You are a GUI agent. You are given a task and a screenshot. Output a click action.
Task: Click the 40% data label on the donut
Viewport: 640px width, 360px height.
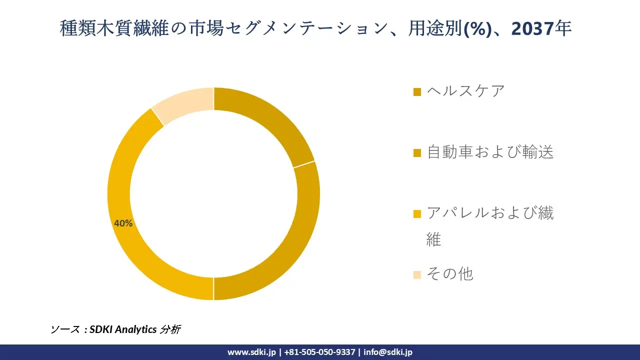pyautogui.click(x=123, y=223)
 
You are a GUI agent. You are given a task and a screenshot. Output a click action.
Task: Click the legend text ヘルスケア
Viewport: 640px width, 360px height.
pyautogui.click(x=465, y=91)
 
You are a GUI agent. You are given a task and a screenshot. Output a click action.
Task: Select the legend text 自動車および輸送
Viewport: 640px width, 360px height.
pyautogui.click(x=490, y=152)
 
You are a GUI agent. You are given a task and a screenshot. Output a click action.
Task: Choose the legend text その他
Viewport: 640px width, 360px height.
pyautogui.click(x=449, y=274)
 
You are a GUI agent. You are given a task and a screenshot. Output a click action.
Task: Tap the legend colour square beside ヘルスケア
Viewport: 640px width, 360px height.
pyautogui.click(x=417, y=92)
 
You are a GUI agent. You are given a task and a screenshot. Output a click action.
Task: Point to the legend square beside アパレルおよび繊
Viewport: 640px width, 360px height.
pyautogui.click(x=417, y=214)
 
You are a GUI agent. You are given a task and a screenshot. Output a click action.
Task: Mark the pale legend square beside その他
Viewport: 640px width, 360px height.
pyautogui.click(x=417, y=274)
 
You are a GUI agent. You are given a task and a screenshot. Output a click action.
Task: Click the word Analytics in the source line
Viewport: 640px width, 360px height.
pyautogui.click(x=135, y=329)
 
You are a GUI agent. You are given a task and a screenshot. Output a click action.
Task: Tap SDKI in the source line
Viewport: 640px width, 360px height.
pyautogui.click(x=101, y=329)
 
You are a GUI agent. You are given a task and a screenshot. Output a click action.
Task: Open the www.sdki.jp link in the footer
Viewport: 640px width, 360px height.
pyautogui.click(x=251, y=352)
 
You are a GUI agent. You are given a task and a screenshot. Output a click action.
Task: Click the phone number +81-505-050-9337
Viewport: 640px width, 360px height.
pyautogui.click(x=319, y=352)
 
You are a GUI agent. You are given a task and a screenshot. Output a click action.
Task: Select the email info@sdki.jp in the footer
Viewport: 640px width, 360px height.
pyautogui.click(x=388, y=352)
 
